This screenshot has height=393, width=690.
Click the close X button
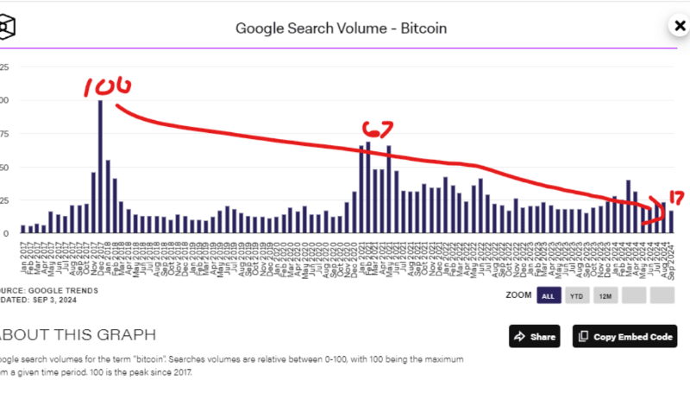(679, 26)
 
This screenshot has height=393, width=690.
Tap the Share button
(533, 336)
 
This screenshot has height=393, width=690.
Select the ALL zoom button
(547, 296)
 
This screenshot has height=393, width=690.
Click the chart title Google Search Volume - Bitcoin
(341, 29)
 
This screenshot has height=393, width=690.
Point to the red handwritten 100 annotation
(108, 86)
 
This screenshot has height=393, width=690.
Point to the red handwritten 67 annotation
(377, 130)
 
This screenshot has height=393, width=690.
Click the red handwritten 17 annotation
(675, 198)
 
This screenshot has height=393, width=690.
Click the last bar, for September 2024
(671, 222)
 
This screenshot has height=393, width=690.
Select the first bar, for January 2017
(22, 229)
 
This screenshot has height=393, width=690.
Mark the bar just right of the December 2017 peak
(108, 196)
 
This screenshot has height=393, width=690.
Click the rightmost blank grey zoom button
(662, 296)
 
